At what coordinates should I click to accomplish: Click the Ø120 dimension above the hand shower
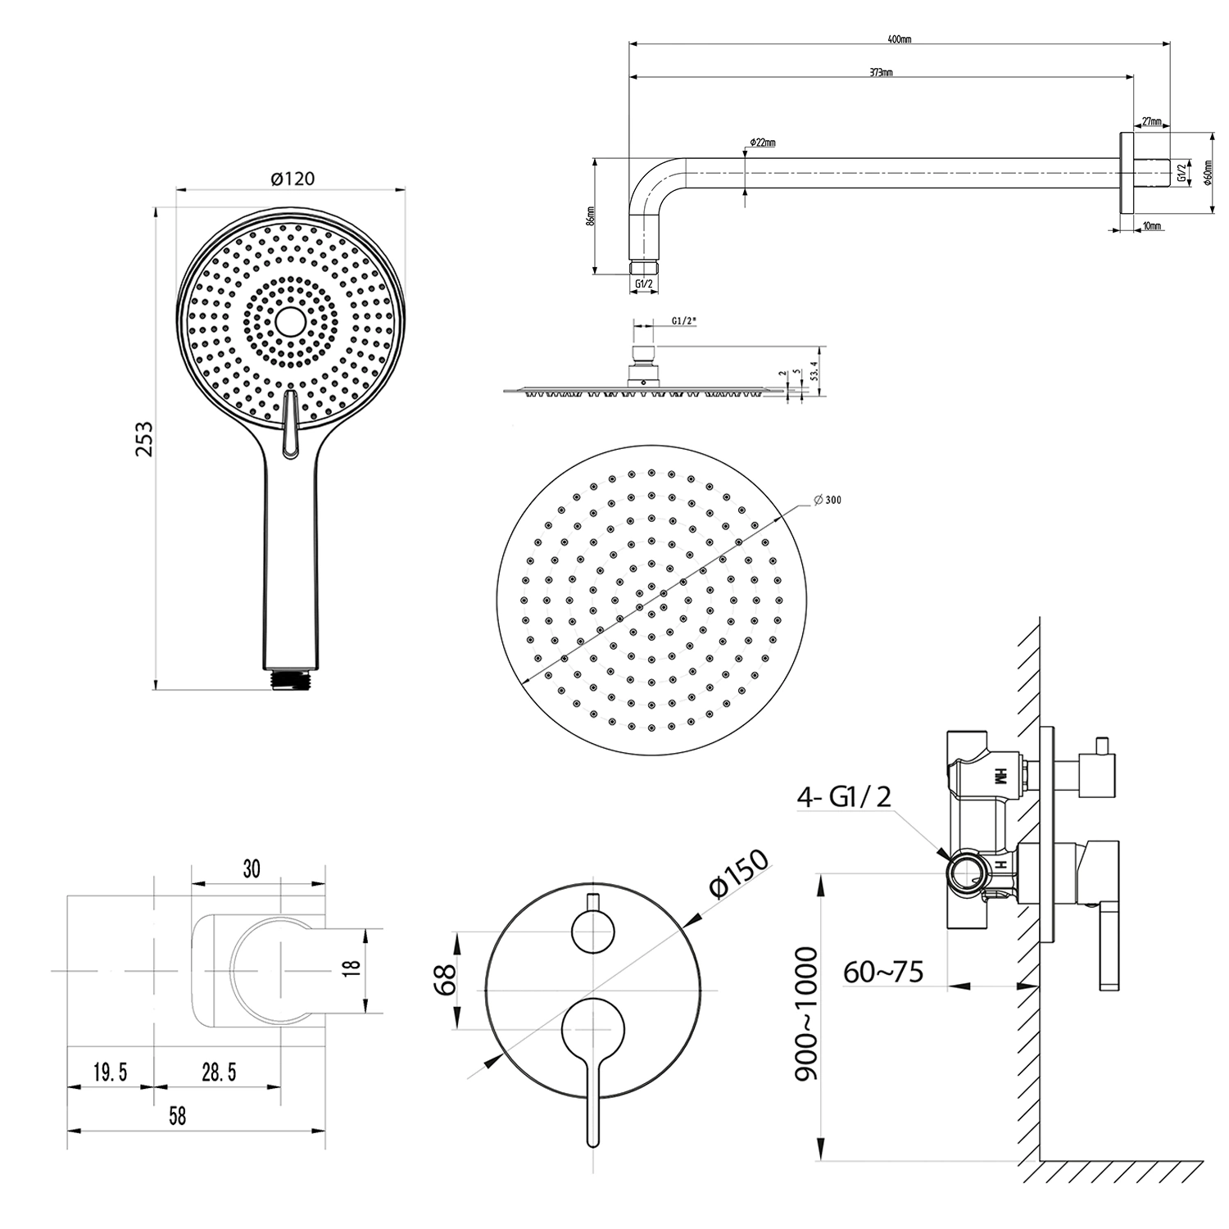point(292,178)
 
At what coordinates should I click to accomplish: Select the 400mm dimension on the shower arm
point(900,39)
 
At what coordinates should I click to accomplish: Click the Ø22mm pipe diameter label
point(762,143)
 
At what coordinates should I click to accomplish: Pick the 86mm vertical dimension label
point(591,217)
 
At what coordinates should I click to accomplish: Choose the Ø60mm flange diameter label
point(1208,173)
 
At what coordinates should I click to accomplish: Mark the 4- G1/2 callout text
point(844,796)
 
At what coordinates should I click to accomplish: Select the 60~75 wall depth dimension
point(883,972)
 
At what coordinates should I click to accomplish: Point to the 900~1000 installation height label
point(807,1014)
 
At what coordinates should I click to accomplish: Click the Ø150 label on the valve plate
point(740,875)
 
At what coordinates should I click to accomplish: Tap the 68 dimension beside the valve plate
point(444,980)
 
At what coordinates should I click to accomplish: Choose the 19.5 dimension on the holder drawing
point(110,1072)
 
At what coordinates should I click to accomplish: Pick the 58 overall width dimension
point(177,1116)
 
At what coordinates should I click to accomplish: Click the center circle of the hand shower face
point(290,321)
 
